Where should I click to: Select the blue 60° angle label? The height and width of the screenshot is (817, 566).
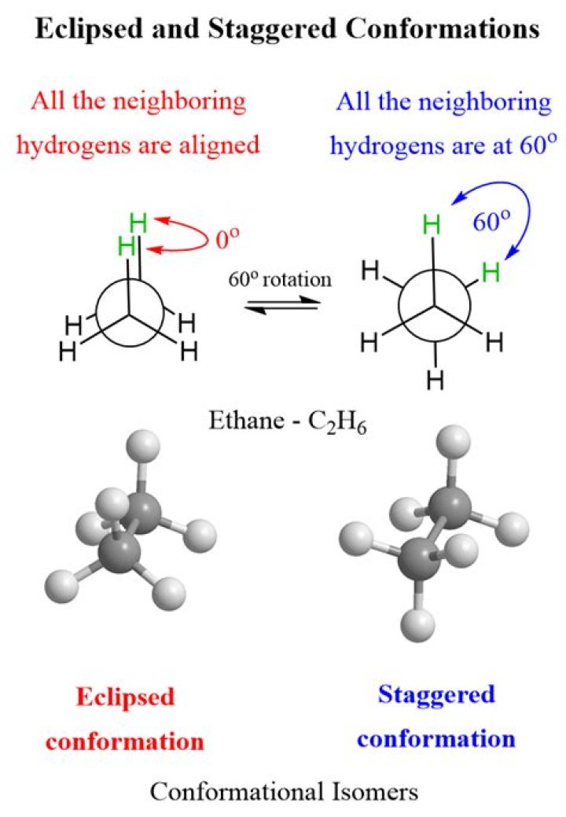(x=491, y=222)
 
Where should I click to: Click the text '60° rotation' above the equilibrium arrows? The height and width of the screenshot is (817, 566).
(x=280, y=279)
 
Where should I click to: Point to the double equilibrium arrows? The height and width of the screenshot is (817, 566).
(x=281, y=306)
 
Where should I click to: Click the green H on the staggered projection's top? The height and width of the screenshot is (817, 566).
(x=432, y=225)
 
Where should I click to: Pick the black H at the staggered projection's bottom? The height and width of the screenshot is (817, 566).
(x=435, y=381)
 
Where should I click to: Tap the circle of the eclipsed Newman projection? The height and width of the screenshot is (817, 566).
(x=128, y=315)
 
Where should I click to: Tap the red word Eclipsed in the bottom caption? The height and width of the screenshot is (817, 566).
(x=125, y=697)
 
